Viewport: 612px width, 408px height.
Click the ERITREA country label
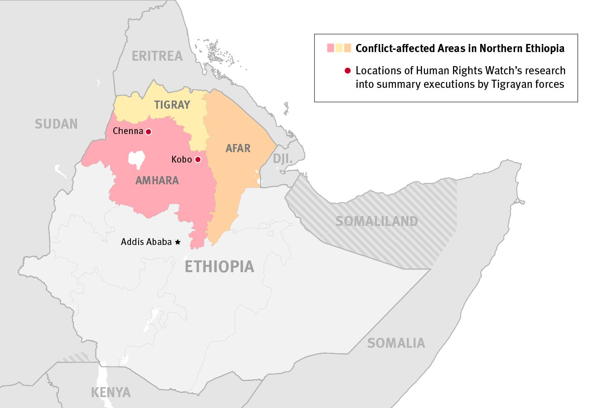157,56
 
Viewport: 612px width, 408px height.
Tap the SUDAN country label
56,124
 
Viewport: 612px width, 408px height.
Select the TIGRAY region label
172,105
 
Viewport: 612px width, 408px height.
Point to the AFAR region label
238,149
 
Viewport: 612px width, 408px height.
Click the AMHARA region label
157,181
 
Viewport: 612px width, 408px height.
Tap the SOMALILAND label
376,221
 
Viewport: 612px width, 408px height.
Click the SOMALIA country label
396,343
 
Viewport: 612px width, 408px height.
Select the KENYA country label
111,393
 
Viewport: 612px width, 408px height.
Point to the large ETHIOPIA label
219,267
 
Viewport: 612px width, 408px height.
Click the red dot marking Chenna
148,132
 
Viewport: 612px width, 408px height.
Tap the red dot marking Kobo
198,159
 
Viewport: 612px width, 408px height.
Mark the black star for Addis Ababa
178,242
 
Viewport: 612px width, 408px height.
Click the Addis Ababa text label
146,242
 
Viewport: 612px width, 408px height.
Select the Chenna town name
128,131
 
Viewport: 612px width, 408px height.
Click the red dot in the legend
347,71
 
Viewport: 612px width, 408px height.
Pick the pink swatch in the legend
331,48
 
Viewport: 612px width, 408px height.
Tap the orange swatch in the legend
347,48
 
